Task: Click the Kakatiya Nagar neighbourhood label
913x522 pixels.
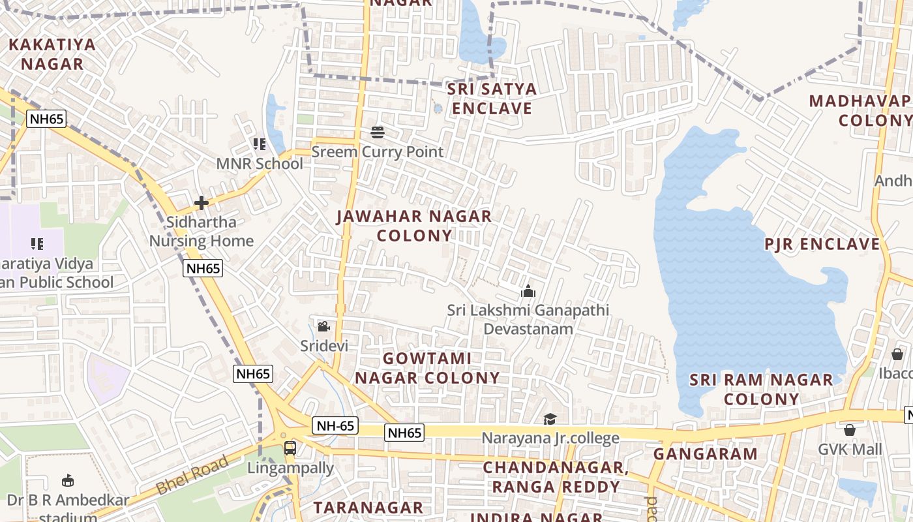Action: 52,54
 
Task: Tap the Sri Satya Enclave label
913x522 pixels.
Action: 492,99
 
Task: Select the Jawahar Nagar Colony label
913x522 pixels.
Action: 414,225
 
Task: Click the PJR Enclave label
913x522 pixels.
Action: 822,244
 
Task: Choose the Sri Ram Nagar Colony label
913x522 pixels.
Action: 762,389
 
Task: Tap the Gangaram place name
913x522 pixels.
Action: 706,453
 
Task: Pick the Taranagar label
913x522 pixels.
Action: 368,507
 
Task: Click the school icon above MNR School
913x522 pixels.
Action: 260,144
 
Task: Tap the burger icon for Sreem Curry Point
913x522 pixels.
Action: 378,132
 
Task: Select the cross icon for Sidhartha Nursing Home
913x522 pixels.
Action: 202,203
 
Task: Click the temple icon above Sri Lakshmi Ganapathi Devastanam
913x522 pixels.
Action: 528,291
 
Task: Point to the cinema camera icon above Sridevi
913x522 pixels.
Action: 323,326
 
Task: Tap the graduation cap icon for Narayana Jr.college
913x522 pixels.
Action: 550,419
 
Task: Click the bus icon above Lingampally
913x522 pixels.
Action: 290,448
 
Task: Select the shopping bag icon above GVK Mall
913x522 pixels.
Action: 850,430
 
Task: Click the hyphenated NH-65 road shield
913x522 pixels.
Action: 335,426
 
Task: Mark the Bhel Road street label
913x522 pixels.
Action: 193,474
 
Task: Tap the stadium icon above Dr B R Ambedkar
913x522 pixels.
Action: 67,482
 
